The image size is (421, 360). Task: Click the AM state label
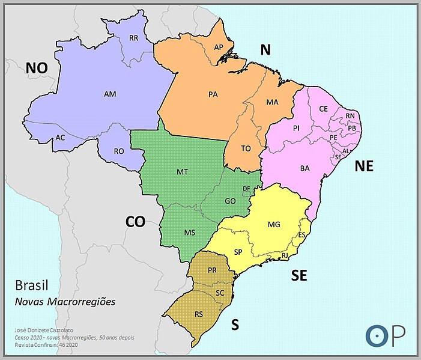coord(110,94)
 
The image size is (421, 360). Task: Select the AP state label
coord(219,47)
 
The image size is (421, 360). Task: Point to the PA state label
coord(213,94)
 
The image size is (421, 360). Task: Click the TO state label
coord(246,148)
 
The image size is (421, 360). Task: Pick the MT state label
coord(183,172)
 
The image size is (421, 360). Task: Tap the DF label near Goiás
coord(246,189)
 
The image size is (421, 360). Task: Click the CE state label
coord(324,109)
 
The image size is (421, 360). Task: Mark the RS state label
coord(199,314)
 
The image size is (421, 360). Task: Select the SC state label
coord(219,292)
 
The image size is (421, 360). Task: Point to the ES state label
coord(302,234)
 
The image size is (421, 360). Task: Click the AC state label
coord(60,137)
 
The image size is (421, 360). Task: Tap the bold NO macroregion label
coord(36,69)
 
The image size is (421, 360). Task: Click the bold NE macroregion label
coord(364,166)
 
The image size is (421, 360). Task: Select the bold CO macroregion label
coord(135,222)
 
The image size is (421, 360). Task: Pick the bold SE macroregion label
coord(299,275)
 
